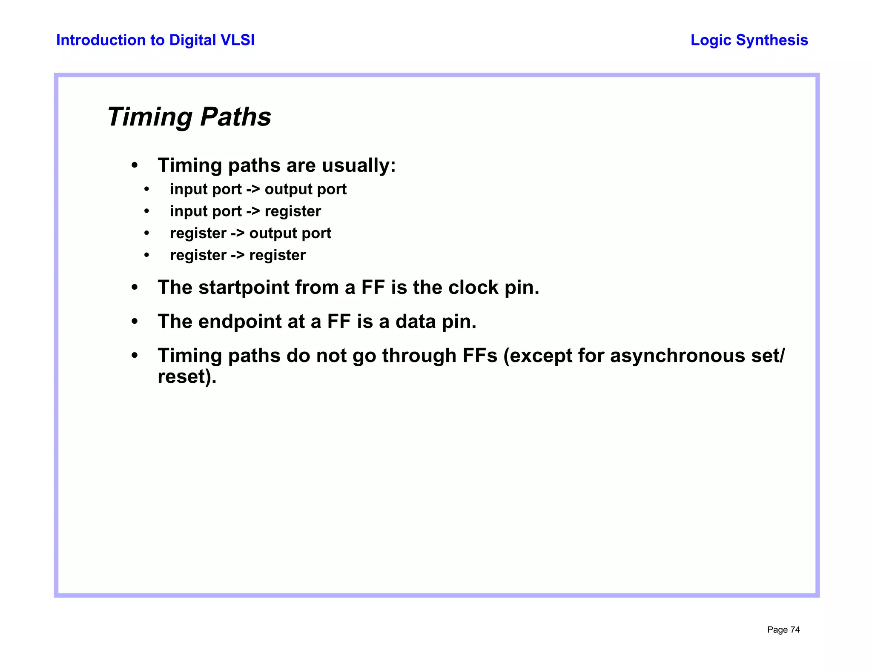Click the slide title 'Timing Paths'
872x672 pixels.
click(189, 117)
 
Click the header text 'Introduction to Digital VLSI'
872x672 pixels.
click(155, 40)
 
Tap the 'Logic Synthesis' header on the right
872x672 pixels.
click(749, 40)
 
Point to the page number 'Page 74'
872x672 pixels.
click(783, 630)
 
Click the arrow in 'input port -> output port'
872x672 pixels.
click(253, 189)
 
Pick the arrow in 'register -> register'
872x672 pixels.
click(238, 255)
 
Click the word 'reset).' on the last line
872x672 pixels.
click(187, 377)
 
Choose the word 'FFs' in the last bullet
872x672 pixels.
click(479, 356)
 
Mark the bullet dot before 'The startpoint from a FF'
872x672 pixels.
click(135, 288)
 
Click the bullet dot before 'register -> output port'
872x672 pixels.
click(147, 233)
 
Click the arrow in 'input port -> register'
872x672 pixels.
click(253, 211)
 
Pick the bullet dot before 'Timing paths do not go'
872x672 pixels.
click(135, 356)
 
